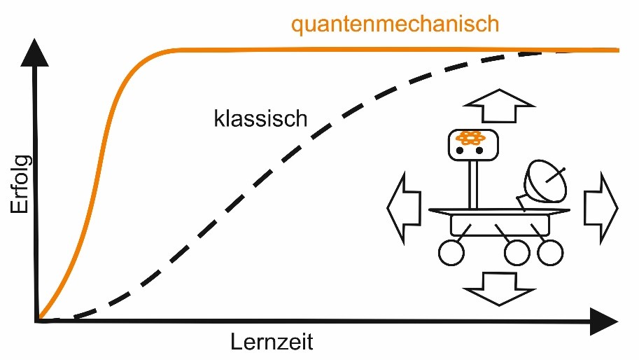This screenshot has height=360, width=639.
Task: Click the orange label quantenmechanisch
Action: [395, 25]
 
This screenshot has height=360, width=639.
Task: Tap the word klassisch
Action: [260, 118]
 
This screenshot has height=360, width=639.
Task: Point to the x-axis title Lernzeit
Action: [272, 343]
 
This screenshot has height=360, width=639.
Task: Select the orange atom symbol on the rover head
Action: [471, 139]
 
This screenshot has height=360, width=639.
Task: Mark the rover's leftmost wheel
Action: [451, 253]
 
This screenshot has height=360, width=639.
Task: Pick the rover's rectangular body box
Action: [496, 226]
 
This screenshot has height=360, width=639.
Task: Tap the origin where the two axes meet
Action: [36, 321]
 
